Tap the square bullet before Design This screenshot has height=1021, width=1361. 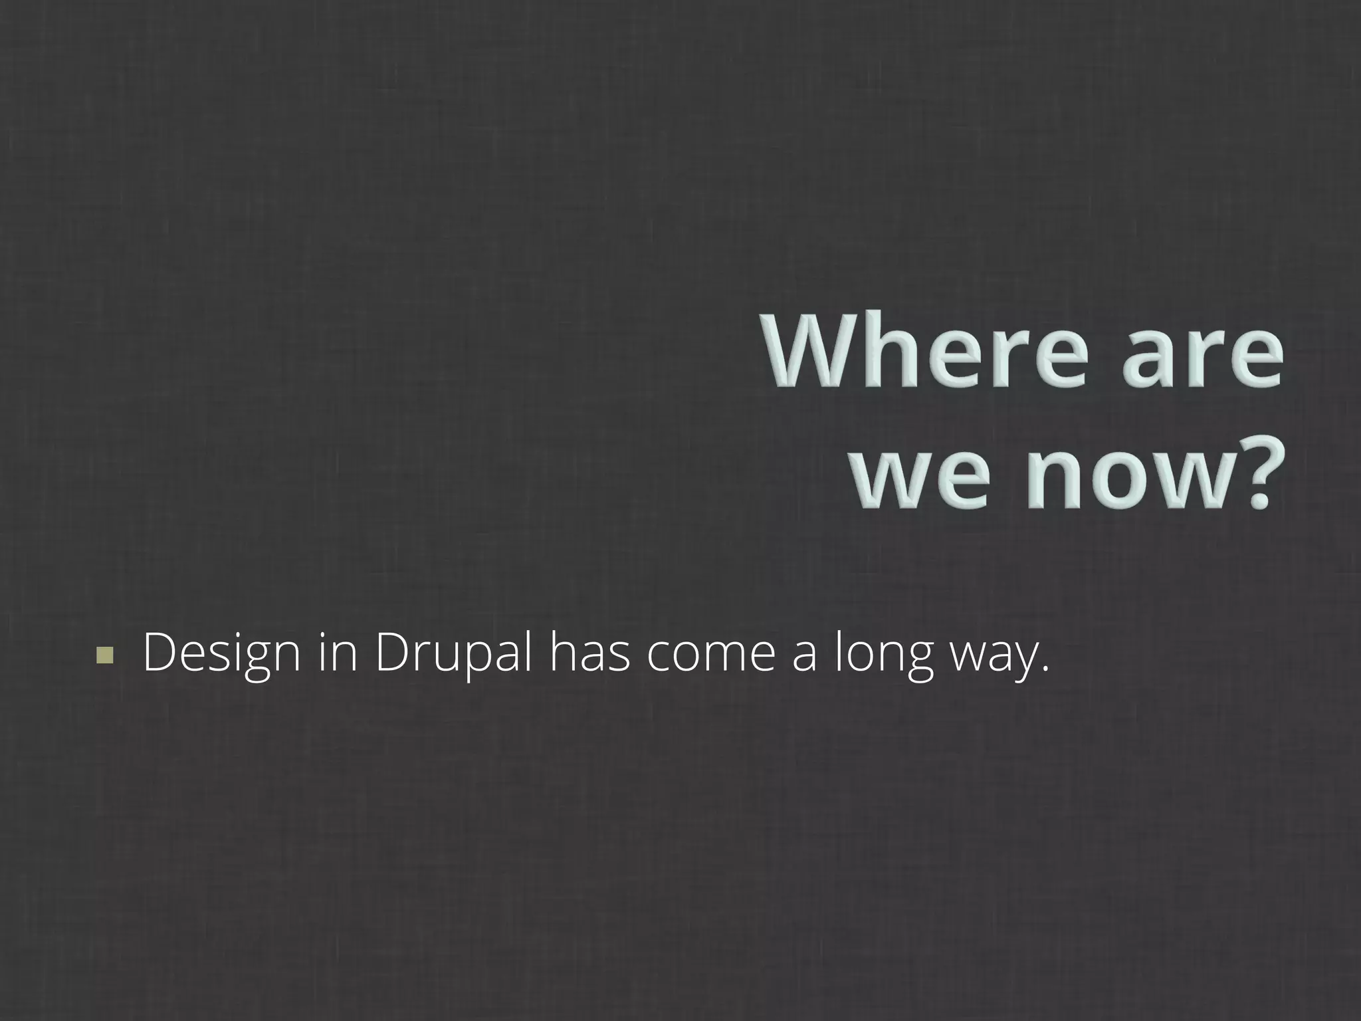(x=104, y=655)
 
